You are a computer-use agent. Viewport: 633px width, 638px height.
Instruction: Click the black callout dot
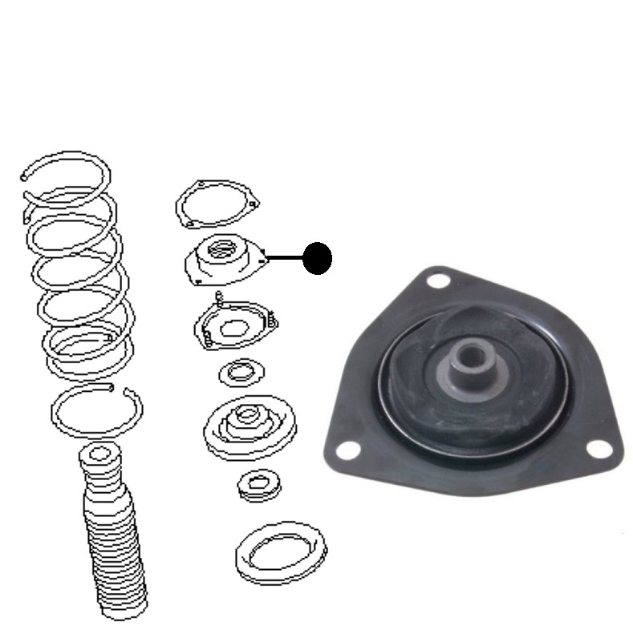[318, 257]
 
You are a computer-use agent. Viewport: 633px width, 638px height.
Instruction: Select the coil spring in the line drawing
[75, 264]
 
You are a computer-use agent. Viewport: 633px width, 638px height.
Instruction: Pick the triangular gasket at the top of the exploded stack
[217, 205]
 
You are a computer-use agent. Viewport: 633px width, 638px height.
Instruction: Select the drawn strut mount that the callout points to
[225, 260]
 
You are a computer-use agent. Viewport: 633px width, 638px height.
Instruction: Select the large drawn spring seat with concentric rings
[249, 424]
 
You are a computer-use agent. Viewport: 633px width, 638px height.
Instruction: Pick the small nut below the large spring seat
[254, 483]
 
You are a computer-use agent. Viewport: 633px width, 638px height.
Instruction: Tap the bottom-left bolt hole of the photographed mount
[346, 450]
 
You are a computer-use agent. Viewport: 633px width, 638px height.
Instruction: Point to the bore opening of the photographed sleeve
[472, 350]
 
